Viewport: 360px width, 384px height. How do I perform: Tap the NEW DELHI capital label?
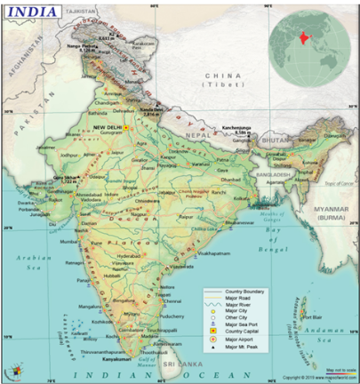tap(110, 127)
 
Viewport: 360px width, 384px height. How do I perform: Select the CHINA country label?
tap(221, 77)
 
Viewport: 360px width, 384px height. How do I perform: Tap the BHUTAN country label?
tap(277, 140)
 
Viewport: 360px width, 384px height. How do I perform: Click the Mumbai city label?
tap(71, 241)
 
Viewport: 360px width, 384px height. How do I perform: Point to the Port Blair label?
tap(312, 316)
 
